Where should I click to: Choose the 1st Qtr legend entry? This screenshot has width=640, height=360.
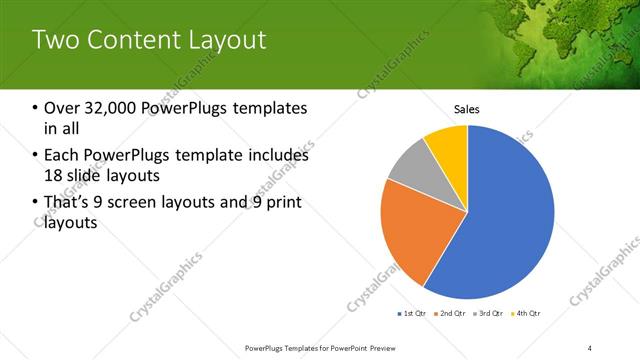[x=412, y=314]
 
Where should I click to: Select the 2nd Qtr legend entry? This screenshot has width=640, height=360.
[x=452, y=314]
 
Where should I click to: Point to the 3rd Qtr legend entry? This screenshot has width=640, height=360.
[x=489, y=314]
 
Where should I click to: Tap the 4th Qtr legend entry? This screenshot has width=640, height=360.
[x=527, y=314]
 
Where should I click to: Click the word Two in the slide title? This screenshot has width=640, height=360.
[x=57, y=40]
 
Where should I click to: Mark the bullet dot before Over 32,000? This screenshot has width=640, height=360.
[x=35, y=109]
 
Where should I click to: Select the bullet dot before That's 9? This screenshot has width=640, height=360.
[x=35, y=204]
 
